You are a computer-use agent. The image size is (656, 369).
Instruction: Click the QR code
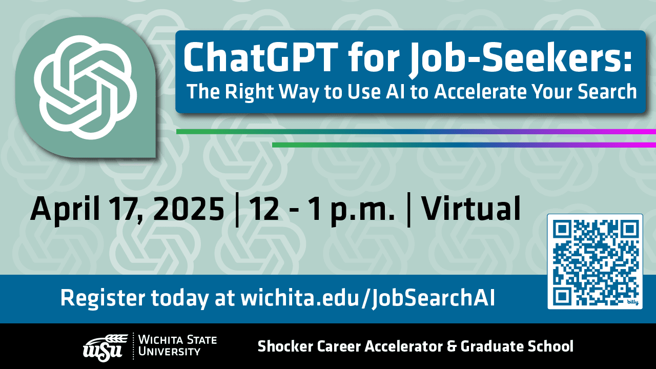pyautogui.click(x=595, y=261)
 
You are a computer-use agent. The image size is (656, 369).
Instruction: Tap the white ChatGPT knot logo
pyautogui.click(x=85, y=87)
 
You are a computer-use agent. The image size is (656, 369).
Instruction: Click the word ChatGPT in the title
pyautogui.click(x=259, y=57)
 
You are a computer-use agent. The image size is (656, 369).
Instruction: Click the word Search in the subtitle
pyautogui.click(x=607, y=91)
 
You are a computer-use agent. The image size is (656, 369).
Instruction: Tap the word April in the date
pyautogui.click(x=65, y=210)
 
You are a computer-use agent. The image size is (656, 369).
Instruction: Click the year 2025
pyautogui.click(x=189, y=209)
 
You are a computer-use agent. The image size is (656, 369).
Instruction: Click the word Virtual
pyautogui.click(x=471, y=208)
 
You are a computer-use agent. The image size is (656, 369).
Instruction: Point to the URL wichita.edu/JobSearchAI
pyautogui.click(x=367, y=298)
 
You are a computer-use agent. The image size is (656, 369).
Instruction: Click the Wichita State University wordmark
pyautogui.click(x=177, y=345)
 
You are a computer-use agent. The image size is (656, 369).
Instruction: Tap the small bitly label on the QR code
pyautogui.click(x=633, y=302)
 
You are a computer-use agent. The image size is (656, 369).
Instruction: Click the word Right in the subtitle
pyautogui.click(x=249, y=92)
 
